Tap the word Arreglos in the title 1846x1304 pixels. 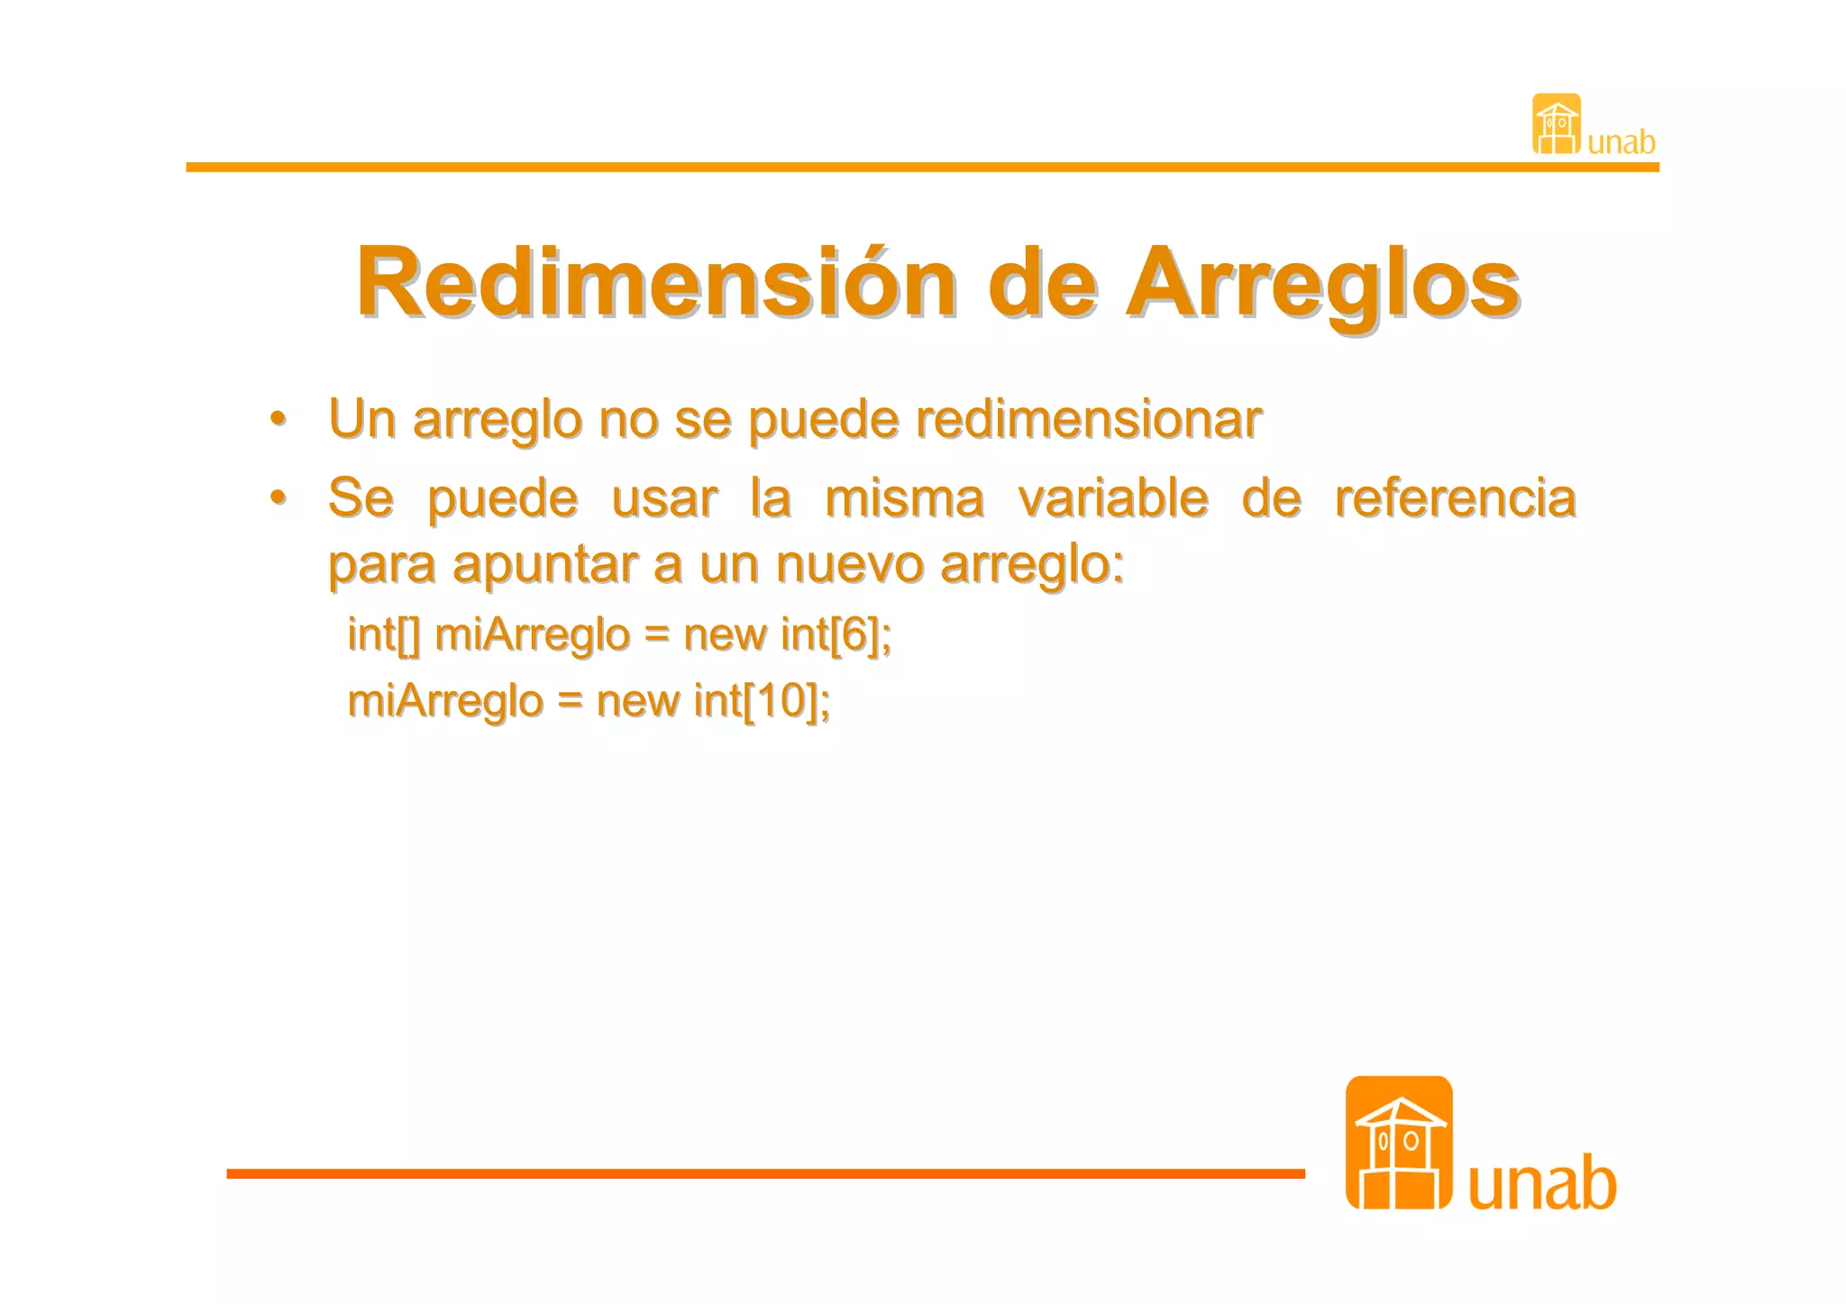pos(1322,283)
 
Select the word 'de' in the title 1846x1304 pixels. pos(1043,283)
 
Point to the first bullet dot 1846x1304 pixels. pos(279,419)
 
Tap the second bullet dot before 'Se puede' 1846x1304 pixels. pos(279,497)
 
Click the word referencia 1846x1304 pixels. pos(1454,497)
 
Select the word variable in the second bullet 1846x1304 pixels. pos(1112,497)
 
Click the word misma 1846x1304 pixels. pos(904,497)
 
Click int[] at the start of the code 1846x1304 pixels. pos(384,634)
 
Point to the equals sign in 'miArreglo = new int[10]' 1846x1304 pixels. pos(569,702)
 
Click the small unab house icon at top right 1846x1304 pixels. pos(1556,124)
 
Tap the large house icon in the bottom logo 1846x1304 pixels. pos(1398,1143)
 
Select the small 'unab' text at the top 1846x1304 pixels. pos(1621,142)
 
